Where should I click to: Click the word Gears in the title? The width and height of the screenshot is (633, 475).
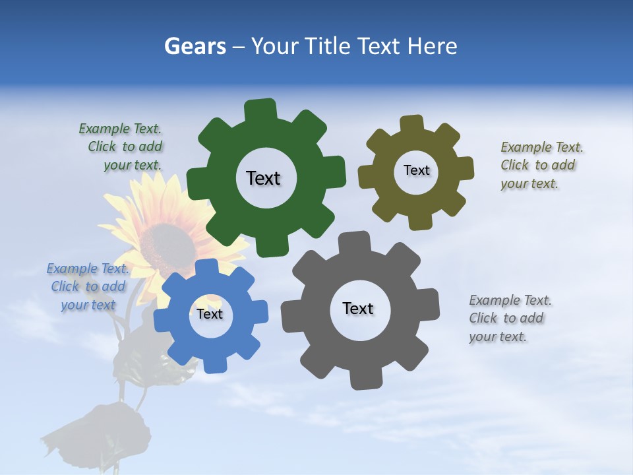(194, 46)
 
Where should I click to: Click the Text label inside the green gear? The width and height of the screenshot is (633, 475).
(263, 178)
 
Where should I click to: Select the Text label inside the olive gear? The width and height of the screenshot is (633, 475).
(416, 170)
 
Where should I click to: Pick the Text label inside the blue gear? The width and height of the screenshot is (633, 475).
(210, 314)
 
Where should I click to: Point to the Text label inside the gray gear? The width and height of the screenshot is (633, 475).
(358, 308)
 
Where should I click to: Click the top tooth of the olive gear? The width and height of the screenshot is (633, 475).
(412, 123)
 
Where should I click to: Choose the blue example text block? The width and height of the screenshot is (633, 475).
(88, 287)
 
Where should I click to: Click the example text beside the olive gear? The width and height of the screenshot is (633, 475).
(541, 166)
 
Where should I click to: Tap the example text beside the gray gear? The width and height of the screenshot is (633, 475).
(509, 319)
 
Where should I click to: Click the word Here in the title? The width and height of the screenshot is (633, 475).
(432, 46)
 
